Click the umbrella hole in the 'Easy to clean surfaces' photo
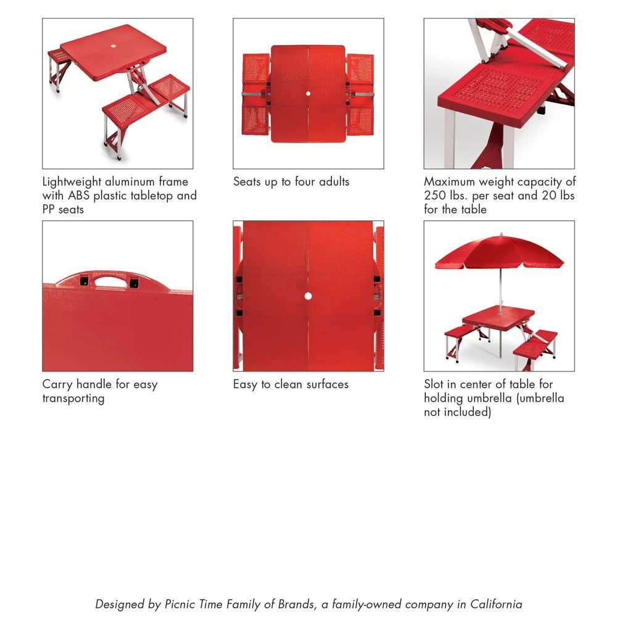[308, 296]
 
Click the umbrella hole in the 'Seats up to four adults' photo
[308, 93]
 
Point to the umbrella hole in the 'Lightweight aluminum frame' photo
[115, 46]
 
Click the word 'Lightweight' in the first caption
[72, 182]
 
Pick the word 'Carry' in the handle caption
[57, 384]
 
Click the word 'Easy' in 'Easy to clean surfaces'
[246, 384]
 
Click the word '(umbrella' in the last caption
[540, 398]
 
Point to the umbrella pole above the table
[500, 290]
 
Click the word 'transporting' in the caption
[73, 399]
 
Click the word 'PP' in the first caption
[49, 209]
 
